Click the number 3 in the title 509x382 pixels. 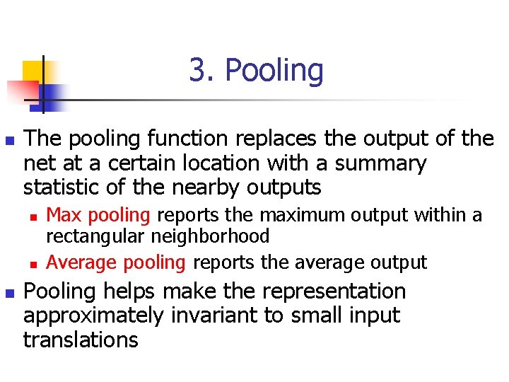click(198, 71)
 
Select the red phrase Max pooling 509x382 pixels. click(98, 215)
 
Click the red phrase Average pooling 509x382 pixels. click(115, 262)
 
